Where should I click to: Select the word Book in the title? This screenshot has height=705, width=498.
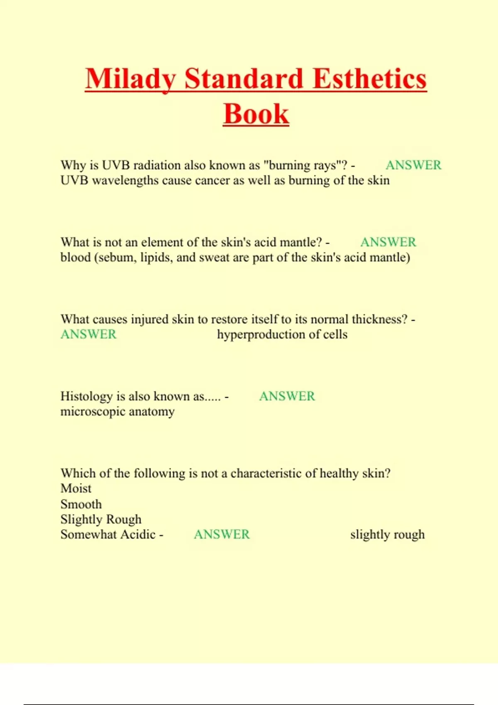click(x=256, y=114)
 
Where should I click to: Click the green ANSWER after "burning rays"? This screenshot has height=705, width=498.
click(x=413, y=165)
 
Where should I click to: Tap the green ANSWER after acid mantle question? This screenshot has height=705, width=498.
click(x=388, y=242)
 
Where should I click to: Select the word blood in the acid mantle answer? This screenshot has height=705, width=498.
click(x=76, y=258)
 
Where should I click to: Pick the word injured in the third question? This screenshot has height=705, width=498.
click(x=149, y=319)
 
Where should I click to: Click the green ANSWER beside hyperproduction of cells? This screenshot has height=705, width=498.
click(x=88, y=334)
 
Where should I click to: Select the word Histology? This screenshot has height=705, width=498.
click(x=86, y=396)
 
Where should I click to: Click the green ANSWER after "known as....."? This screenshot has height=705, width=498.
click(x=287, y=396)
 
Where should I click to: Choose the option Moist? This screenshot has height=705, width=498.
click(x=76, y=489)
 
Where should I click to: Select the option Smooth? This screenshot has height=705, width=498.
click(x=81, y=504)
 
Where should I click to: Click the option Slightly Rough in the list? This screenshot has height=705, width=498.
click(x=101, y=519)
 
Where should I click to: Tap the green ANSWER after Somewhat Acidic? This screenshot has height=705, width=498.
click(x=222, y=535)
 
